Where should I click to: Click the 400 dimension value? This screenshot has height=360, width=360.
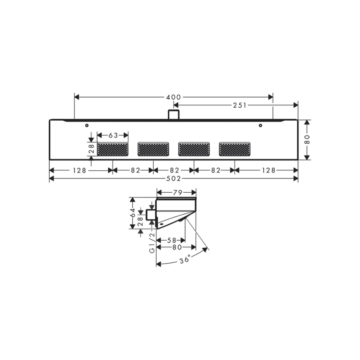pos(173,97)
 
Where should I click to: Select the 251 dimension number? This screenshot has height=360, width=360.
pos(240,105)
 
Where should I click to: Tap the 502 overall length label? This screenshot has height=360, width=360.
pos(174,179)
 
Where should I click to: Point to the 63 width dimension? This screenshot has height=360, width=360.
pos(113,135)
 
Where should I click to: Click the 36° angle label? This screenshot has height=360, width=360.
pos(185,259)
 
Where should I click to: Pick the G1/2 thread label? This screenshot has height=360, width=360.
pos(152,243)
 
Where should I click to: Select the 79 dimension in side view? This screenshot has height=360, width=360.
pos(177,192)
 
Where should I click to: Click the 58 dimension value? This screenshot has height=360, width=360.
pos(171,240)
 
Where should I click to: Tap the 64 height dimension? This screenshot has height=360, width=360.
pos(133,212)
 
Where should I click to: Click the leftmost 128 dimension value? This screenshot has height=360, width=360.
pos(79,170)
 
